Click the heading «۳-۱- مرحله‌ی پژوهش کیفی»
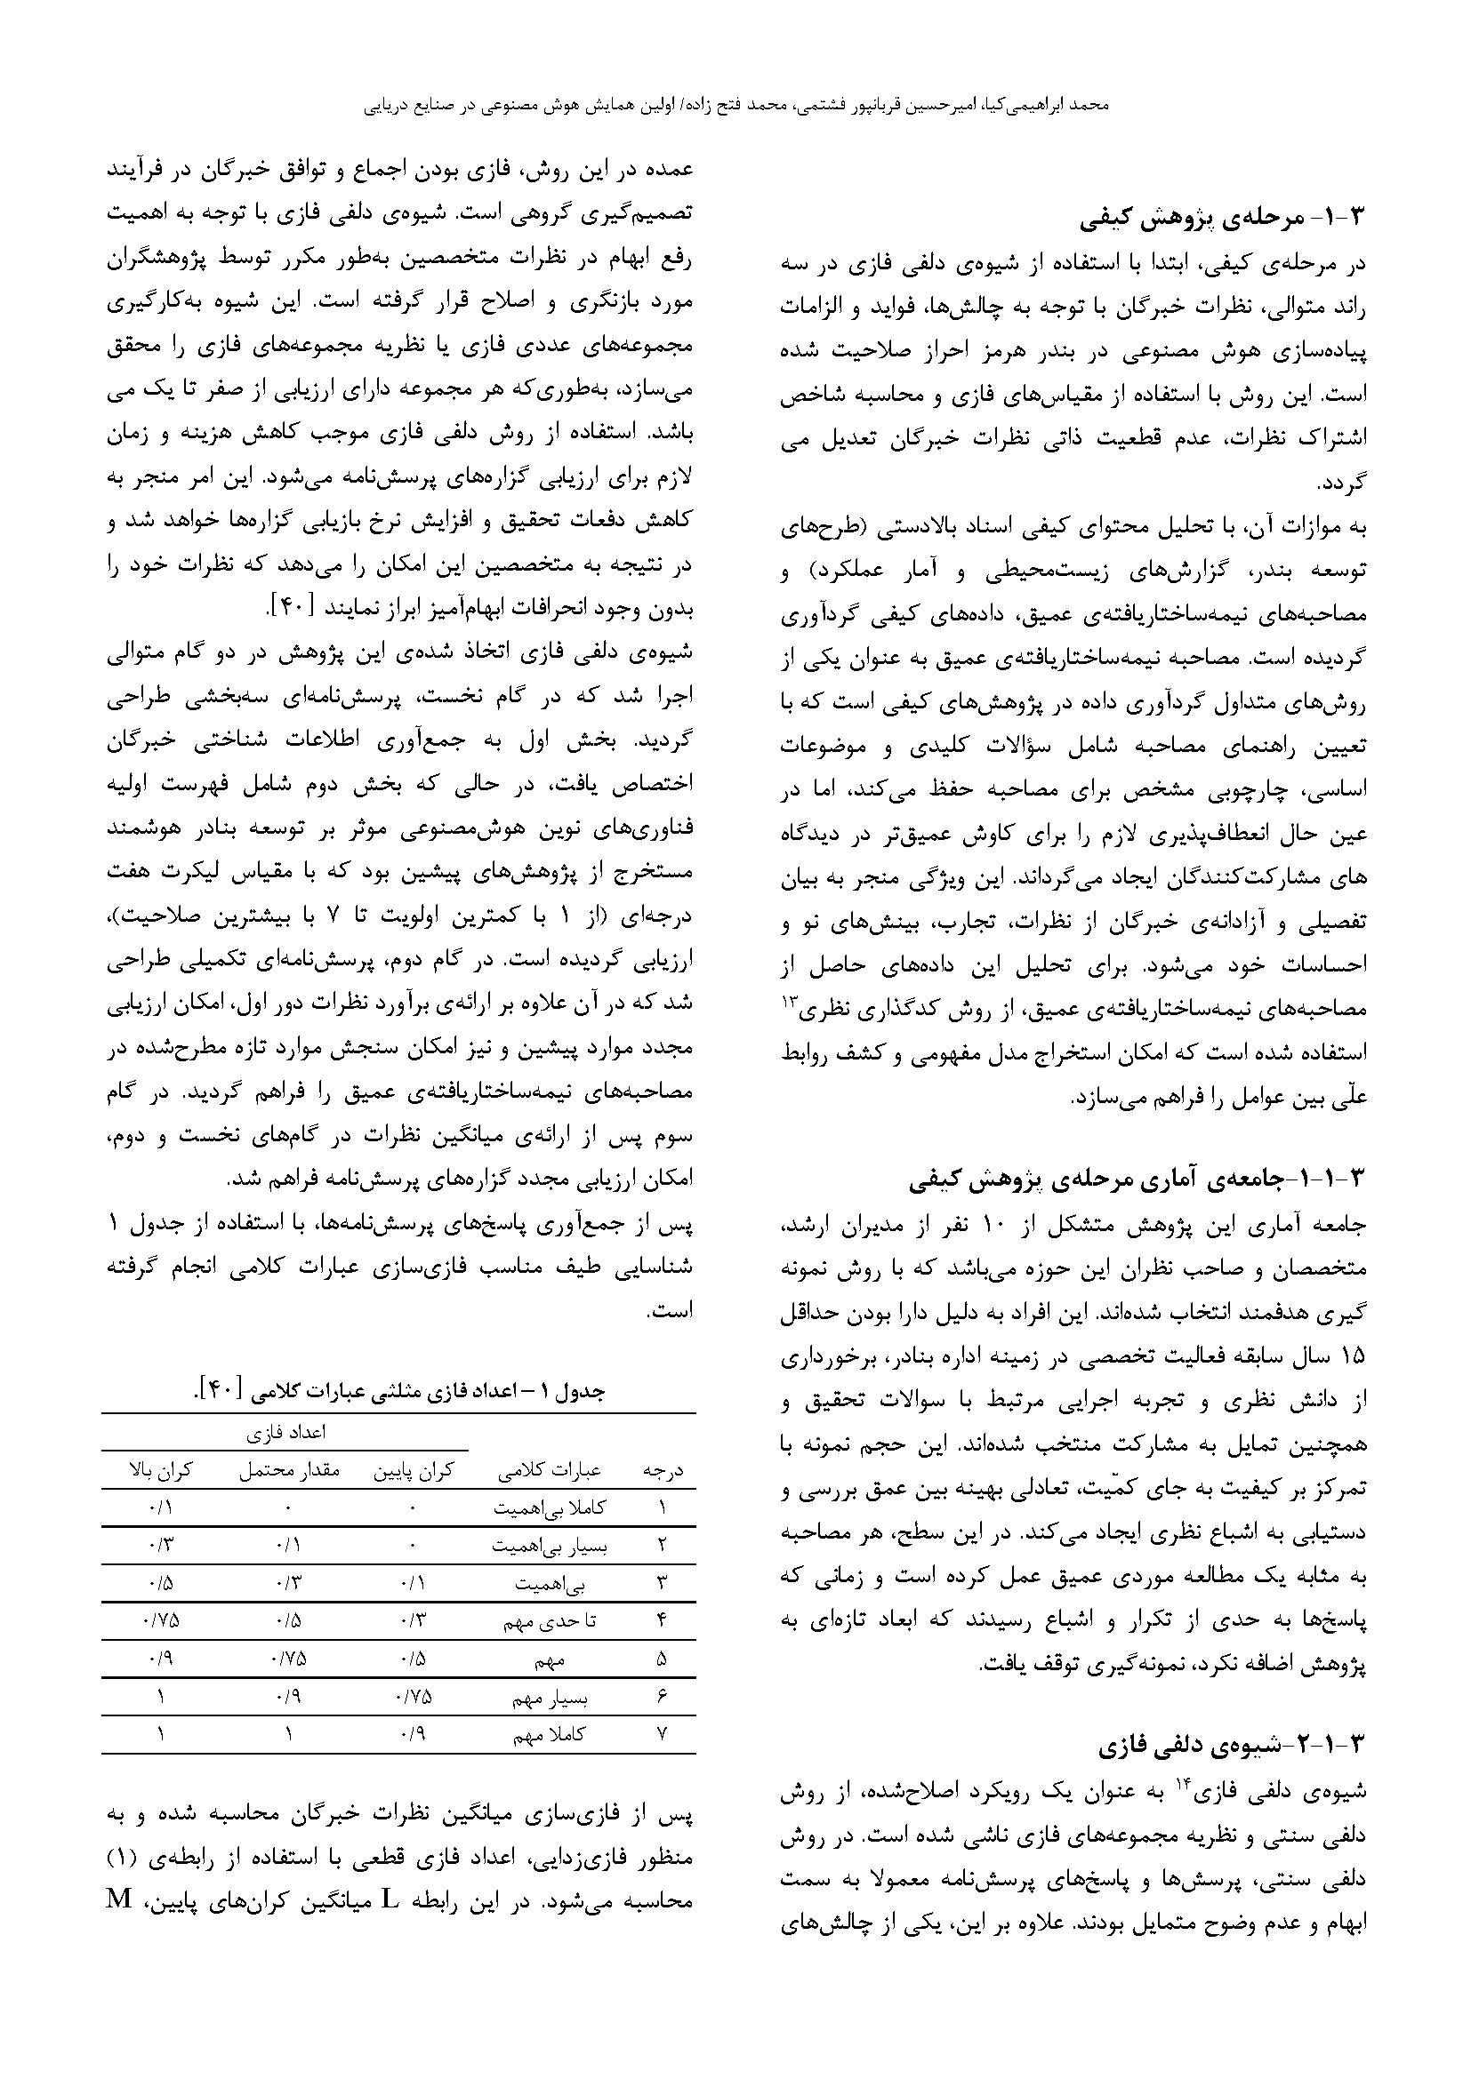click(1224, 219)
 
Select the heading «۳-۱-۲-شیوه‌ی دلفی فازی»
click(1236, 1744)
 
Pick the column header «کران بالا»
click(161, 1471)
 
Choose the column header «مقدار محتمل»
click(289, 1471)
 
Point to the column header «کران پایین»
click(413, 1471)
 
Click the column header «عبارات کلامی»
click(550, 1471)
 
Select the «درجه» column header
click(663, 1471)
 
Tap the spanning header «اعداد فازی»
click(286, 1434)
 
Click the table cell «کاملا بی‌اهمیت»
click(550, 1508)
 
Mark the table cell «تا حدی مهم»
click(550, 1622)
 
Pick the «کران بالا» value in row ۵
click(161, 1659)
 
